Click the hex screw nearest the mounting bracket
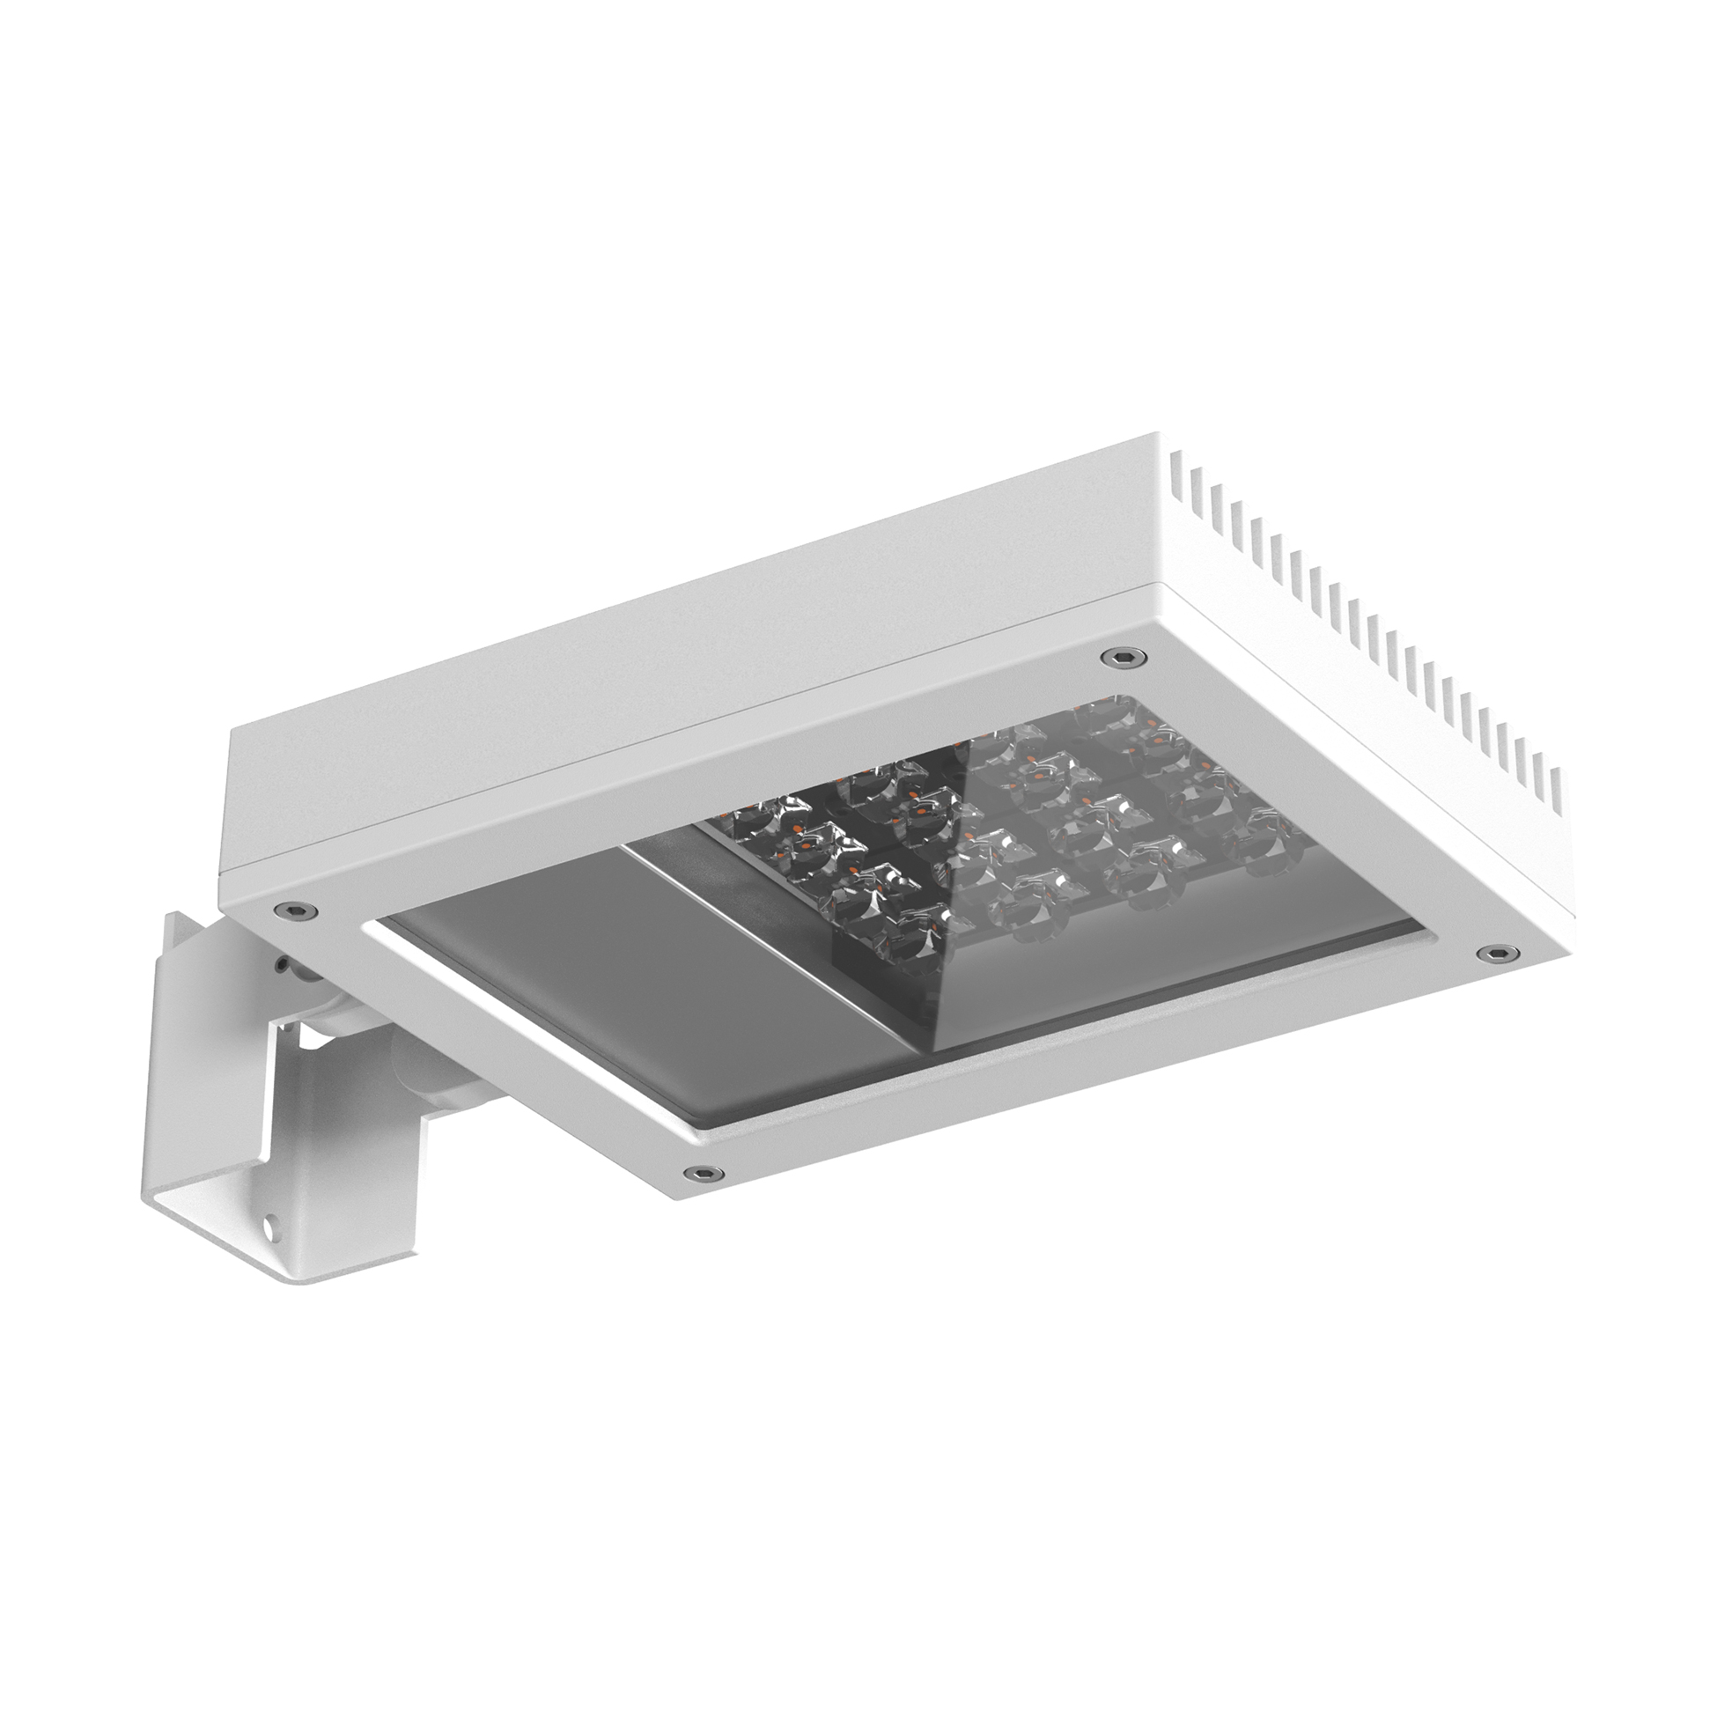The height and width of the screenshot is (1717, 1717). pos(294,909)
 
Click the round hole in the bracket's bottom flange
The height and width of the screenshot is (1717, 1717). pos(267,1225)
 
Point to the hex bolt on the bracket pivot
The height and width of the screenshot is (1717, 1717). pos(282,963)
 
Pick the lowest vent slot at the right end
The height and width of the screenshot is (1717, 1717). pos(1557,782)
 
